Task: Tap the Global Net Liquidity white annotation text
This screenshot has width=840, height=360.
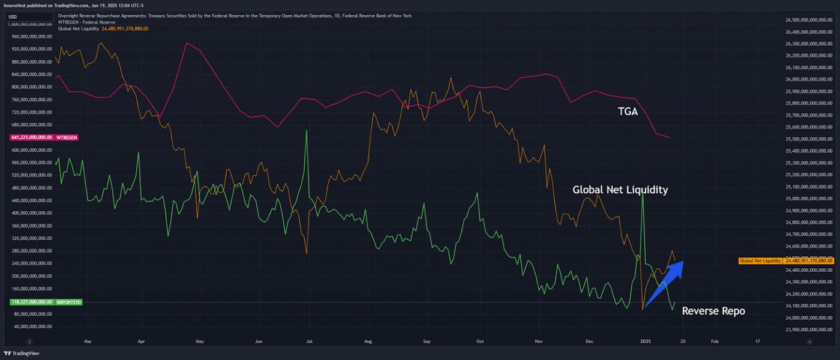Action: (x=620, y=190)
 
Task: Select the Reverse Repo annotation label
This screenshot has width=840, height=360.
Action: (x=713, y=311)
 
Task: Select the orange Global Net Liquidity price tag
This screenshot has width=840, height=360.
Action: (x=785, y=261)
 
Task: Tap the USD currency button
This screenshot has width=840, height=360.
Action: (x=13, y=16)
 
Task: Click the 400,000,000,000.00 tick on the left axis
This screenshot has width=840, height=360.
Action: (x=32, y=213)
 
